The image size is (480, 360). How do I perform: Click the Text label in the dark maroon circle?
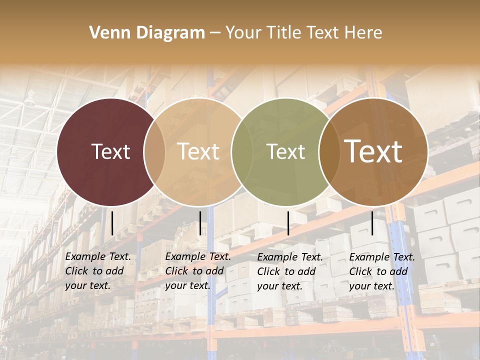[x=110, y=151]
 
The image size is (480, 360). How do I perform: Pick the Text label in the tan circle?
[x=198, y=151]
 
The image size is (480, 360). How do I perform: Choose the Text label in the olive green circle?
[x=286, y=151]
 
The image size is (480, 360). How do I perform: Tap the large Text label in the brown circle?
[x=373, y=151]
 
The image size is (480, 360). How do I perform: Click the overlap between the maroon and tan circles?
[x=154, y=151]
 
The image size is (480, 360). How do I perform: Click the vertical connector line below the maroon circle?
[x=112, y=223]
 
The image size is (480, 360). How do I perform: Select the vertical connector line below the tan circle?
[x=200, y=223]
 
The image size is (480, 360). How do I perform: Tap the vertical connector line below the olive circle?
[x=288, y=223]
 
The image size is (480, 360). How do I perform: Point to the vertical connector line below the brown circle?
[x=372, y=223]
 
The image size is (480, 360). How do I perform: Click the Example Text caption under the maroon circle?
[x=98, y=271]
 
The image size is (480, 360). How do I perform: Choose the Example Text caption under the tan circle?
[x=198, y=271]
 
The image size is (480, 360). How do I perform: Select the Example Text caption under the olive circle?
[x=290, y=271]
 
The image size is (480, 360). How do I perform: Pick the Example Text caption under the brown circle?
[x=382, y=271]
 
